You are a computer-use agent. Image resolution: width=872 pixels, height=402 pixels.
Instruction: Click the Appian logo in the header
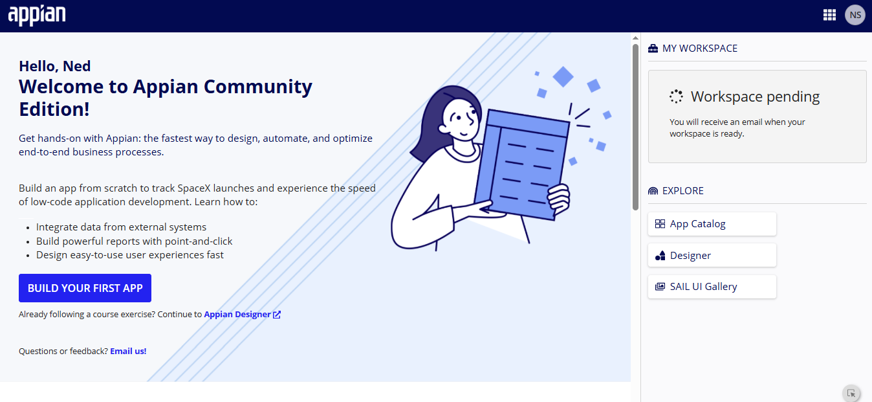coord(37,16)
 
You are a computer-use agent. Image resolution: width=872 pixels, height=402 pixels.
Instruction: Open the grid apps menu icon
coord(829,15)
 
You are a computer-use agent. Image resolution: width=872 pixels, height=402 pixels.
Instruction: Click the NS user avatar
coord(855,15)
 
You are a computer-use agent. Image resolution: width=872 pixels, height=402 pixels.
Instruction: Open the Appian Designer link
coord(237,315)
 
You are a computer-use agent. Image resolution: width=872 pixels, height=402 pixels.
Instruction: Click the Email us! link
coord(128,351)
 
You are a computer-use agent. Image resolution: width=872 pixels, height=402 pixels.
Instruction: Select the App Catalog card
coord(712,224)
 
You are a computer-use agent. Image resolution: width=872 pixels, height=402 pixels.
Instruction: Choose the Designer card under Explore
coord(712,255)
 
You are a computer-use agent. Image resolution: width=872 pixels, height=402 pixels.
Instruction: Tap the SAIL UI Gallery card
coord(712,287)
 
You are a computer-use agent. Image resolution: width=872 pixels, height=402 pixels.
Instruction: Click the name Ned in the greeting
coord(77,66)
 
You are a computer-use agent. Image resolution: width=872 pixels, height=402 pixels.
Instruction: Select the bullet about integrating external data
coord(121,227)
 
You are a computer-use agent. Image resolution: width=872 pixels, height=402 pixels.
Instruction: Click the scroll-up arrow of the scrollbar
coord(635,38)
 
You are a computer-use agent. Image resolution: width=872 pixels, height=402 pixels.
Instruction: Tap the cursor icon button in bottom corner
coord(851,393)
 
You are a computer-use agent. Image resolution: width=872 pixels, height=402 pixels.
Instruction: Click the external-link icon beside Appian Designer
coord(277,315)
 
